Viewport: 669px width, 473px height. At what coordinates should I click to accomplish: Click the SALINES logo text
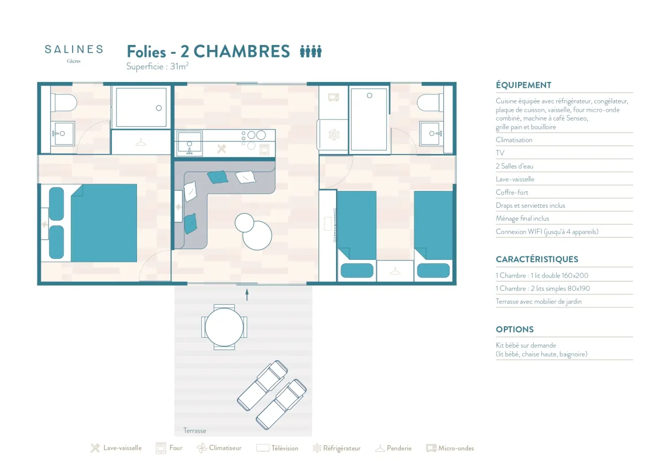pos(74,49)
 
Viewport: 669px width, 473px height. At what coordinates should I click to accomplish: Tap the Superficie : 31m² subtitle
pos(157,66)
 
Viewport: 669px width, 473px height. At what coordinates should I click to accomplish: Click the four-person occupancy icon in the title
pos(310,51)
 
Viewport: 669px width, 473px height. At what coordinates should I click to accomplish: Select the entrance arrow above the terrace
pos(247,294)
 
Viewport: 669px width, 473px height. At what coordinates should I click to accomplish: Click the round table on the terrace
pos(224,327)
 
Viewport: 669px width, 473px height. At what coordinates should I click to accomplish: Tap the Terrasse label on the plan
pos(194,431)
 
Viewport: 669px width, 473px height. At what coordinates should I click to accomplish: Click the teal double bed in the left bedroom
pos(103,223)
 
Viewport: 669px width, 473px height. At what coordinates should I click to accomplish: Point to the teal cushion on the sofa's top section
pos(217,177)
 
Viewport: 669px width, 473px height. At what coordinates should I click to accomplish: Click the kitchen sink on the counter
pos(189,144)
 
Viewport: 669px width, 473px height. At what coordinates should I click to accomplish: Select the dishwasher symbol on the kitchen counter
pos(221,148)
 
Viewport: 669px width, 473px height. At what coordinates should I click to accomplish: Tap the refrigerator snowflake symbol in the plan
pos(334,135)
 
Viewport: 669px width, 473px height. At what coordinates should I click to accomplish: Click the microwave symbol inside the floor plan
pos(333,97)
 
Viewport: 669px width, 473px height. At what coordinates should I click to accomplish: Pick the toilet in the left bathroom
pos(64,103)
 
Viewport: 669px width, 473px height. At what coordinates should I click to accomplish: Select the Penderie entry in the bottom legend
pos(394,448)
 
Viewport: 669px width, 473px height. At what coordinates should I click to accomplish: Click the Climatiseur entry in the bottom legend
pos(219,447)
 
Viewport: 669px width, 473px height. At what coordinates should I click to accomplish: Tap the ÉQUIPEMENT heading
pos(524,85)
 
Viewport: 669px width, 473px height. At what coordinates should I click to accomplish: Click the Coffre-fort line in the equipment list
pos(512,192)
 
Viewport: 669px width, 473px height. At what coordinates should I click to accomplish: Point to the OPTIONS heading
pos(515,329)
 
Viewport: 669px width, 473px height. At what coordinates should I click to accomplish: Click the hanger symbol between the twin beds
pos(395,271)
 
